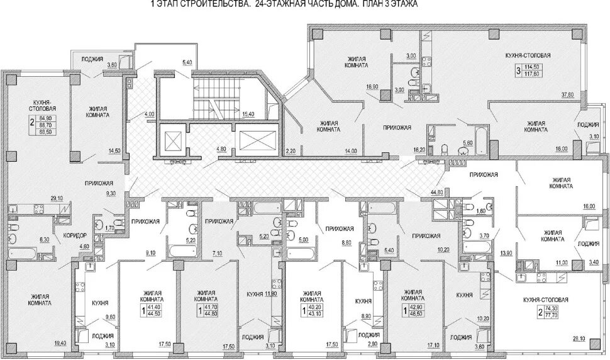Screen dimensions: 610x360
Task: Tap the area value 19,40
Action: point(60,343)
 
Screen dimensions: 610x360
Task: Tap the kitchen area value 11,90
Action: point(272,293)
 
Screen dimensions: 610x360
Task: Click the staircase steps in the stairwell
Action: point(217,92)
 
